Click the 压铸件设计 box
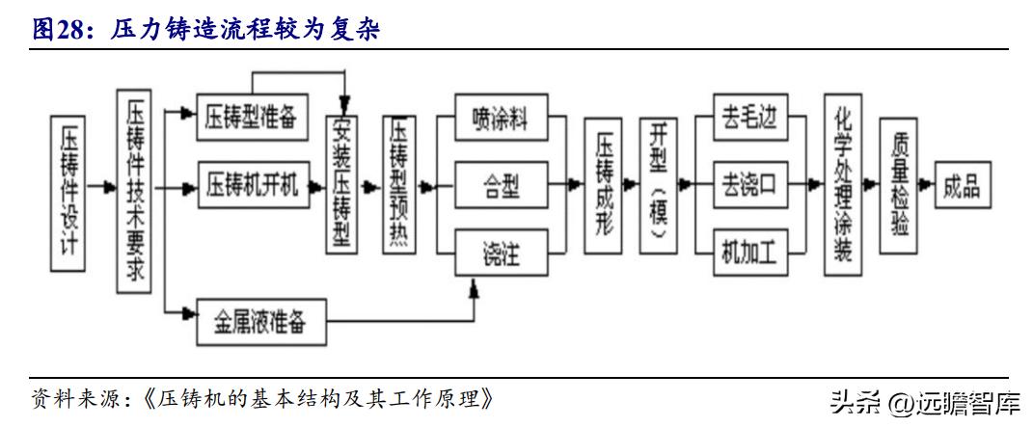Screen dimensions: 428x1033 click(69, 192)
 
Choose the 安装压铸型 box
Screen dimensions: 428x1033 click(341, 185)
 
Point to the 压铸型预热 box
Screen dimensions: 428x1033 click(399, 185)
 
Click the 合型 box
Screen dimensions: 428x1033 click(501, 187)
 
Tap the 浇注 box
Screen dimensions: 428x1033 click(501, 255)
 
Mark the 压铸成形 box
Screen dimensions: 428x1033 click(604, 185)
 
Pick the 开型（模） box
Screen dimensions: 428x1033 click(659, 185)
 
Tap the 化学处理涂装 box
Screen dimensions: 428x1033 click(841, 184)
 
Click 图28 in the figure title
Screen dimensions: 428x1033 click(56, 30)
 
